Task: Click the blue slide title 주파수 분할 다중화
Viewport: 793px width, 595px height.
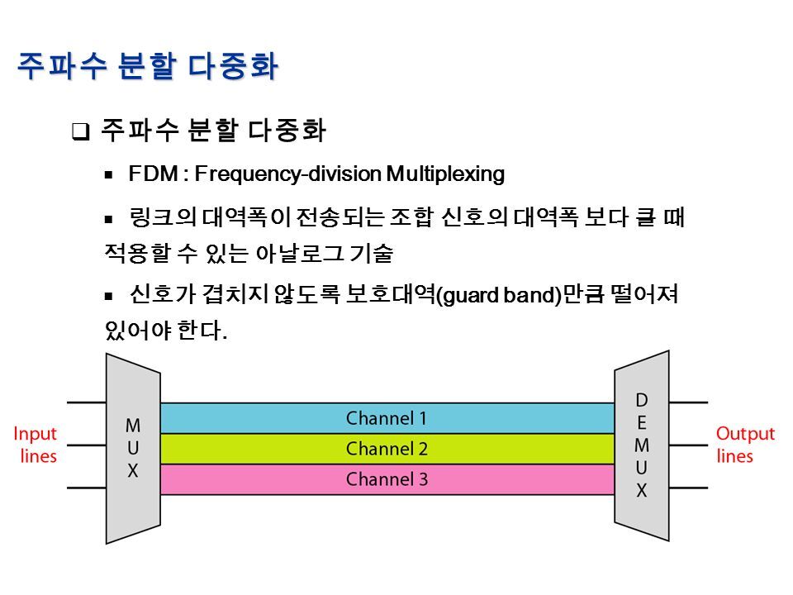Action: [x=148, y=65]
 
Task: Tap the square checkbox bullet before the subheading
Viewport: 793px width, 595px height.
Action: [x=80, y=131]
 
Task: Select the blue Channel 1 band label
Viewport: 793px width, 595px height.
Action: [x=387, y=418]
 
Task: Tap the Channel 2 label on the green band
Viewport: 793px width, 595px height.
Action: [x=387, y=449]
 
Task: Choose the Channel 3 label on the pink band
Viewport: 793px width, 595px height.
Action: [x=387, y=479]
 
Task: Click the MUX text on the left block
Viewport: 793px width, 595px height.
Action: [x=133, y=449]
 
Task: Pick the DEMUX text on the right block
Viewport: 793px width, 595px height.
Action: [x=641, y=445]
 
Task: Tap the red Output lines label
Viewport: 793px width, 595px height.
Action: [x=745, y=445]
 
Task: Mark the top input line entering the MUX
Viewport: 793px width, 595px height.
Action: [x=86, y=402]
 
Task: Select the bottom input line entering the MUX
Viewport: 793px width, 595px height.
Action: [x=86, y=487]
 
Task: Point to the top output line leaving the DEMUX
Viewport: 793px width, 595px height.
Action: [x=686, y=402]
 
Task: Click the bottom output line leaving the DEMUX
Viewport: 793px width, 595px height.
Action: [x=686, y=487]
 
